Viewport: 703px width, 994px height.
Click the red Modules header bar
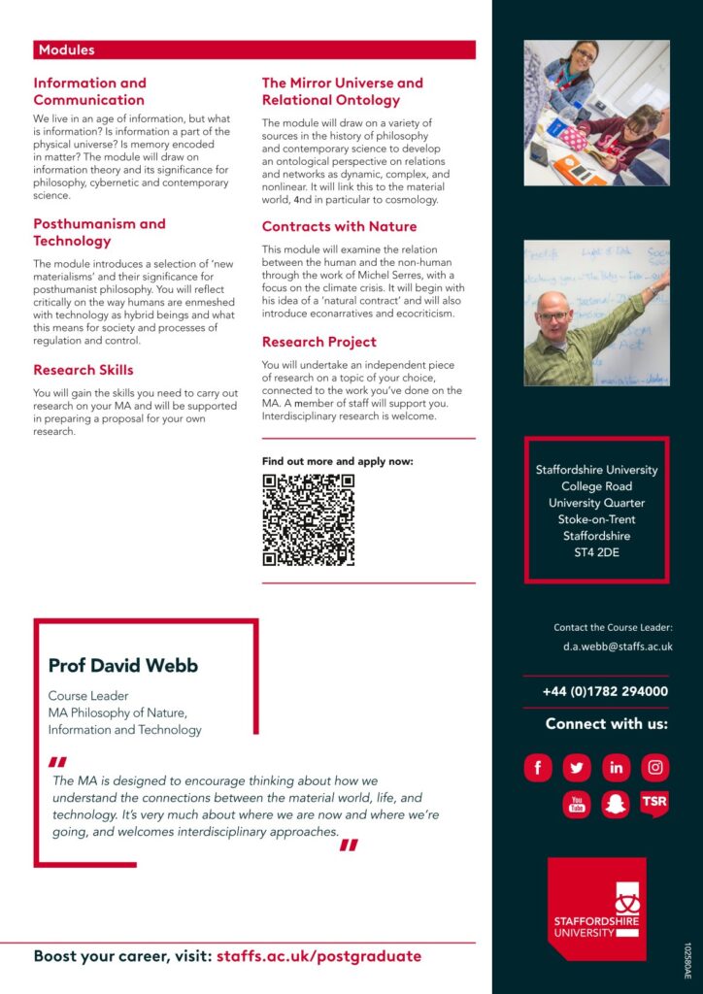(254, 50)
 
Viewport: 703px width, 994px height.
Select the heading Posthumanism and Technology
(99, 232)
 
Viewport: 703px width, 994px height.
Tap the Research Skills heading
(84, 370)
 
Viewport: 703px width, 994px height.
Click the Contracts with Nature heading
(339, 226)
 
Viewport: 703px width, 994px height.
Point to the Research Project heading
(318, 342)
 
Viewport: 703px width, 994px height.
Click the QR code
(308, 519)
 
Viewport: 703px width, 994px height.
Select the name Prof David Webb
(123, 665)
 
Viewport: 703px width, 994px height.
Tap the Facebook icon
(538, 768)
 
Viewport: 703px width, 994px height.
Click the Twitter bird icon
(577, 768)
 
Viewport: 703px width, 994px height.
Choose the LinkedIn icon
(616, 768)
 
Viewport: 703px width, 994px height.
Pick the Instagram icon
(655, 768)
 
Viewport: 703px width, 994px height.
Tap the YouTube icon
(577, 805)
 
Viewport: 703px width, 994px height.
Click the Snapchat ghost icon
(616, 805)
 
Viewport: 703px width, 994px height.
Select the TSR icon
(654, 804)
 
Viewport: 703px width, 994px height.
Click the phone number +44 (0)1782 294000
(604, 691)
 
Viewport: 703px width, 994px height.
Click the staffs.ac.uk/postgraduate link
(318, 956)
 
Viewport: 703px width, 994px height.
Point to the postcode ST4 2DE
(596, 552)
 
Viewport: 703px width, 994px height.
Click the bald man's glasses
(553, 316)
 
